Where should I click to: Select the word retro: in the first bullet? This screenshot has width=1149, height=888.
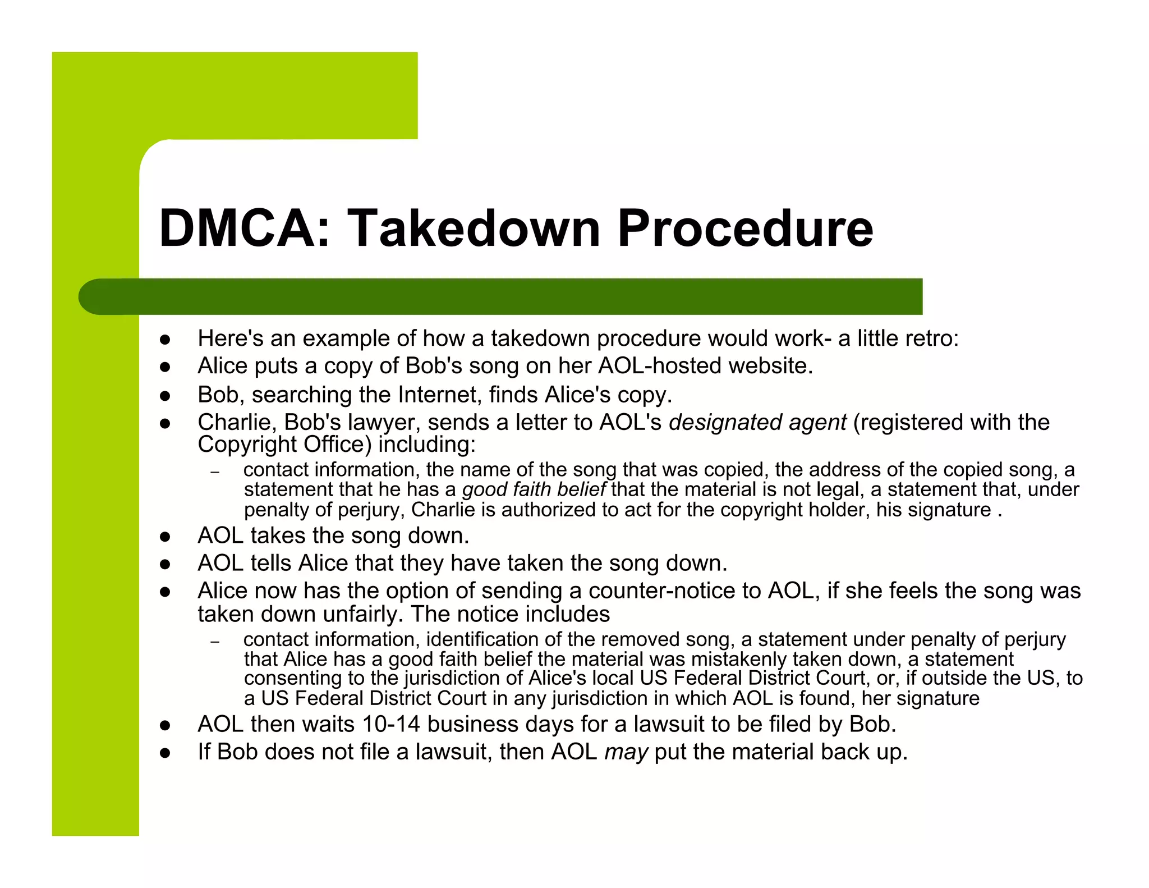click(931, 338)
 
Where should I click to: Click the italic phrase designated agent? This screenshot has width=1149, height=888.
click(757, 423)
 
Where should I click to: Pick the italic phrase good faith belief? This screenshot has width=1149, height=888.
click(534, 490)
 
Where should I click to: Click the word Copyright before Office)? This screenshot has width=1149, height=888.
click(247, 445)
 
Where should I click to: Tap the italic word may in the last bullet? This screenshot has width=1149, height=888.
click(626, 752)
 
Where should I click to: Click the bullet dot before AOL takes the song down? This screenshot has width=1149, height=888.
click(165, 537)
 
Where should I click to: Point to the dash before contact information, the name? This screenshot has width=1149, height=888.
click(214, 472)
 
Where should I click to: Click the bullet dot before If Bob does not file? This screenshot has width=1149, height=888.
click(165, 753)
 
